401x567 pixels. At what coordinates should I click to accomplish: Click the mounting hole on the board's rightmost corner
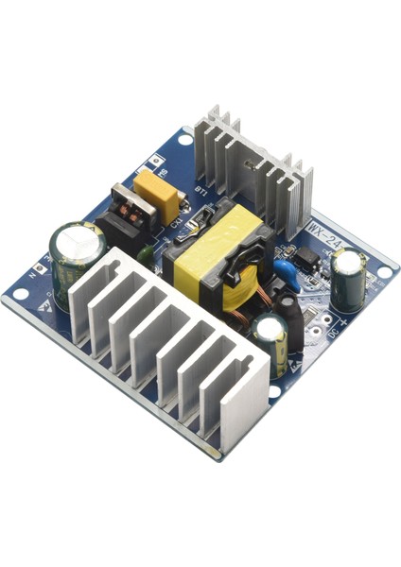point(383,272)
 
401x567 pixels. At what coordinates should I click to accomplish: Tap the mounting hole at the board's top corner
point(184,140)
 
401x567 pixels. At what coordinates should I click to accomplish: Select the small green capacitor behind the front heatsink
point(144,253)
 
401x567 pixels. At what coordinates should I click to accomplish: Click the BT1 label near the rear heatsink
point(200,190)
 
